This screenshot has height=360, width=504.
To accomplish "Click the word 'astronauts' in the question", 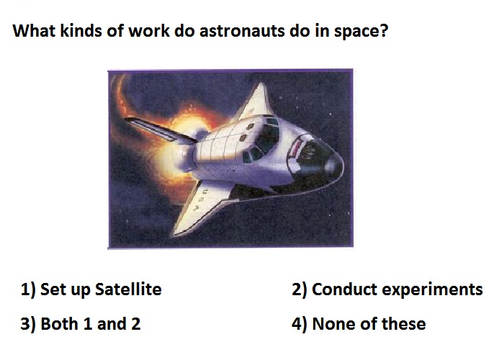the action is point(242,31).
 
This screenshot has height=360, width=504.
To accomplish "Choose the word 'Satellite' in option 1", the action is point(129,289).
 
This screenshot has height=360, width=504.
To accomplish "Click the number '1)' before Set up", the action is point(28,289).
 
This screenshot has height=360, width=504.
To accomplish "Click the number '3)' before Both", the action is point(28,324).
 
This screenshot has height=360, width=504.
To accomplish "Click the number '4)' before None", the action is point(300,324).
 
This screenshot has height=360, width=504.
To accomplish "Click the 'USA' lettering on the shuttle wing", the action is point(200,199).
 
